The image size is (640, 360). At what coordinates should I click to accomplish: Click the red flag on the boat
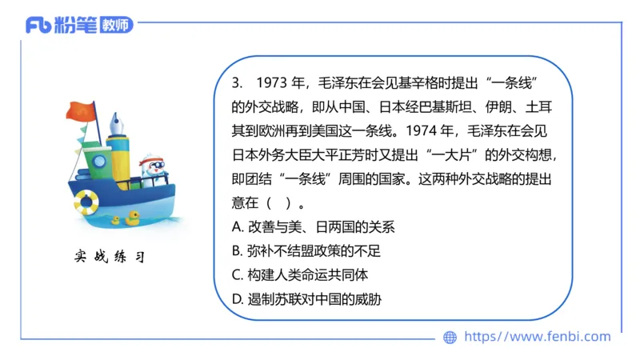(x=80, y=114)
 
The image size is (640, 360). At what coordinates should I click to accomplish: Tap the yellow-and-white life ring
(x=86, y=202)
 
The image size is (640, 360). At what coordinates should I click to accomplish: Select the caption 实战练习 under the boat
(x=109, y=257)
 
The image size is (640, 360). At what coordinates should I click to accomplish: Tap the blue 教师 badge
(x=117, y=26)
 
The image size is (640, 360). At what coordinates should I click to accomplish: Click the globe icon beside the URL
(x=450, y=338)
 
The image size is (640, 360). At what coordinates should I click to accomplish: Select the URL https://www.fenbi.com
(x=537, y=337)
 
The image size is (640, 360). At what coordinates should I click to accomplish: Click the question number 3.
(x=235, y=82)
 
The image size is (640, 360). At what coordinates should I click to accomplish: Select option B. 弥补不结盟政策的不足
(x=306, y=251)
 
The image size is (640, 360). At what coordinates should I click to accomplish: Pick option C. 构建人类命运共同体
(x=299, y=275)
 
